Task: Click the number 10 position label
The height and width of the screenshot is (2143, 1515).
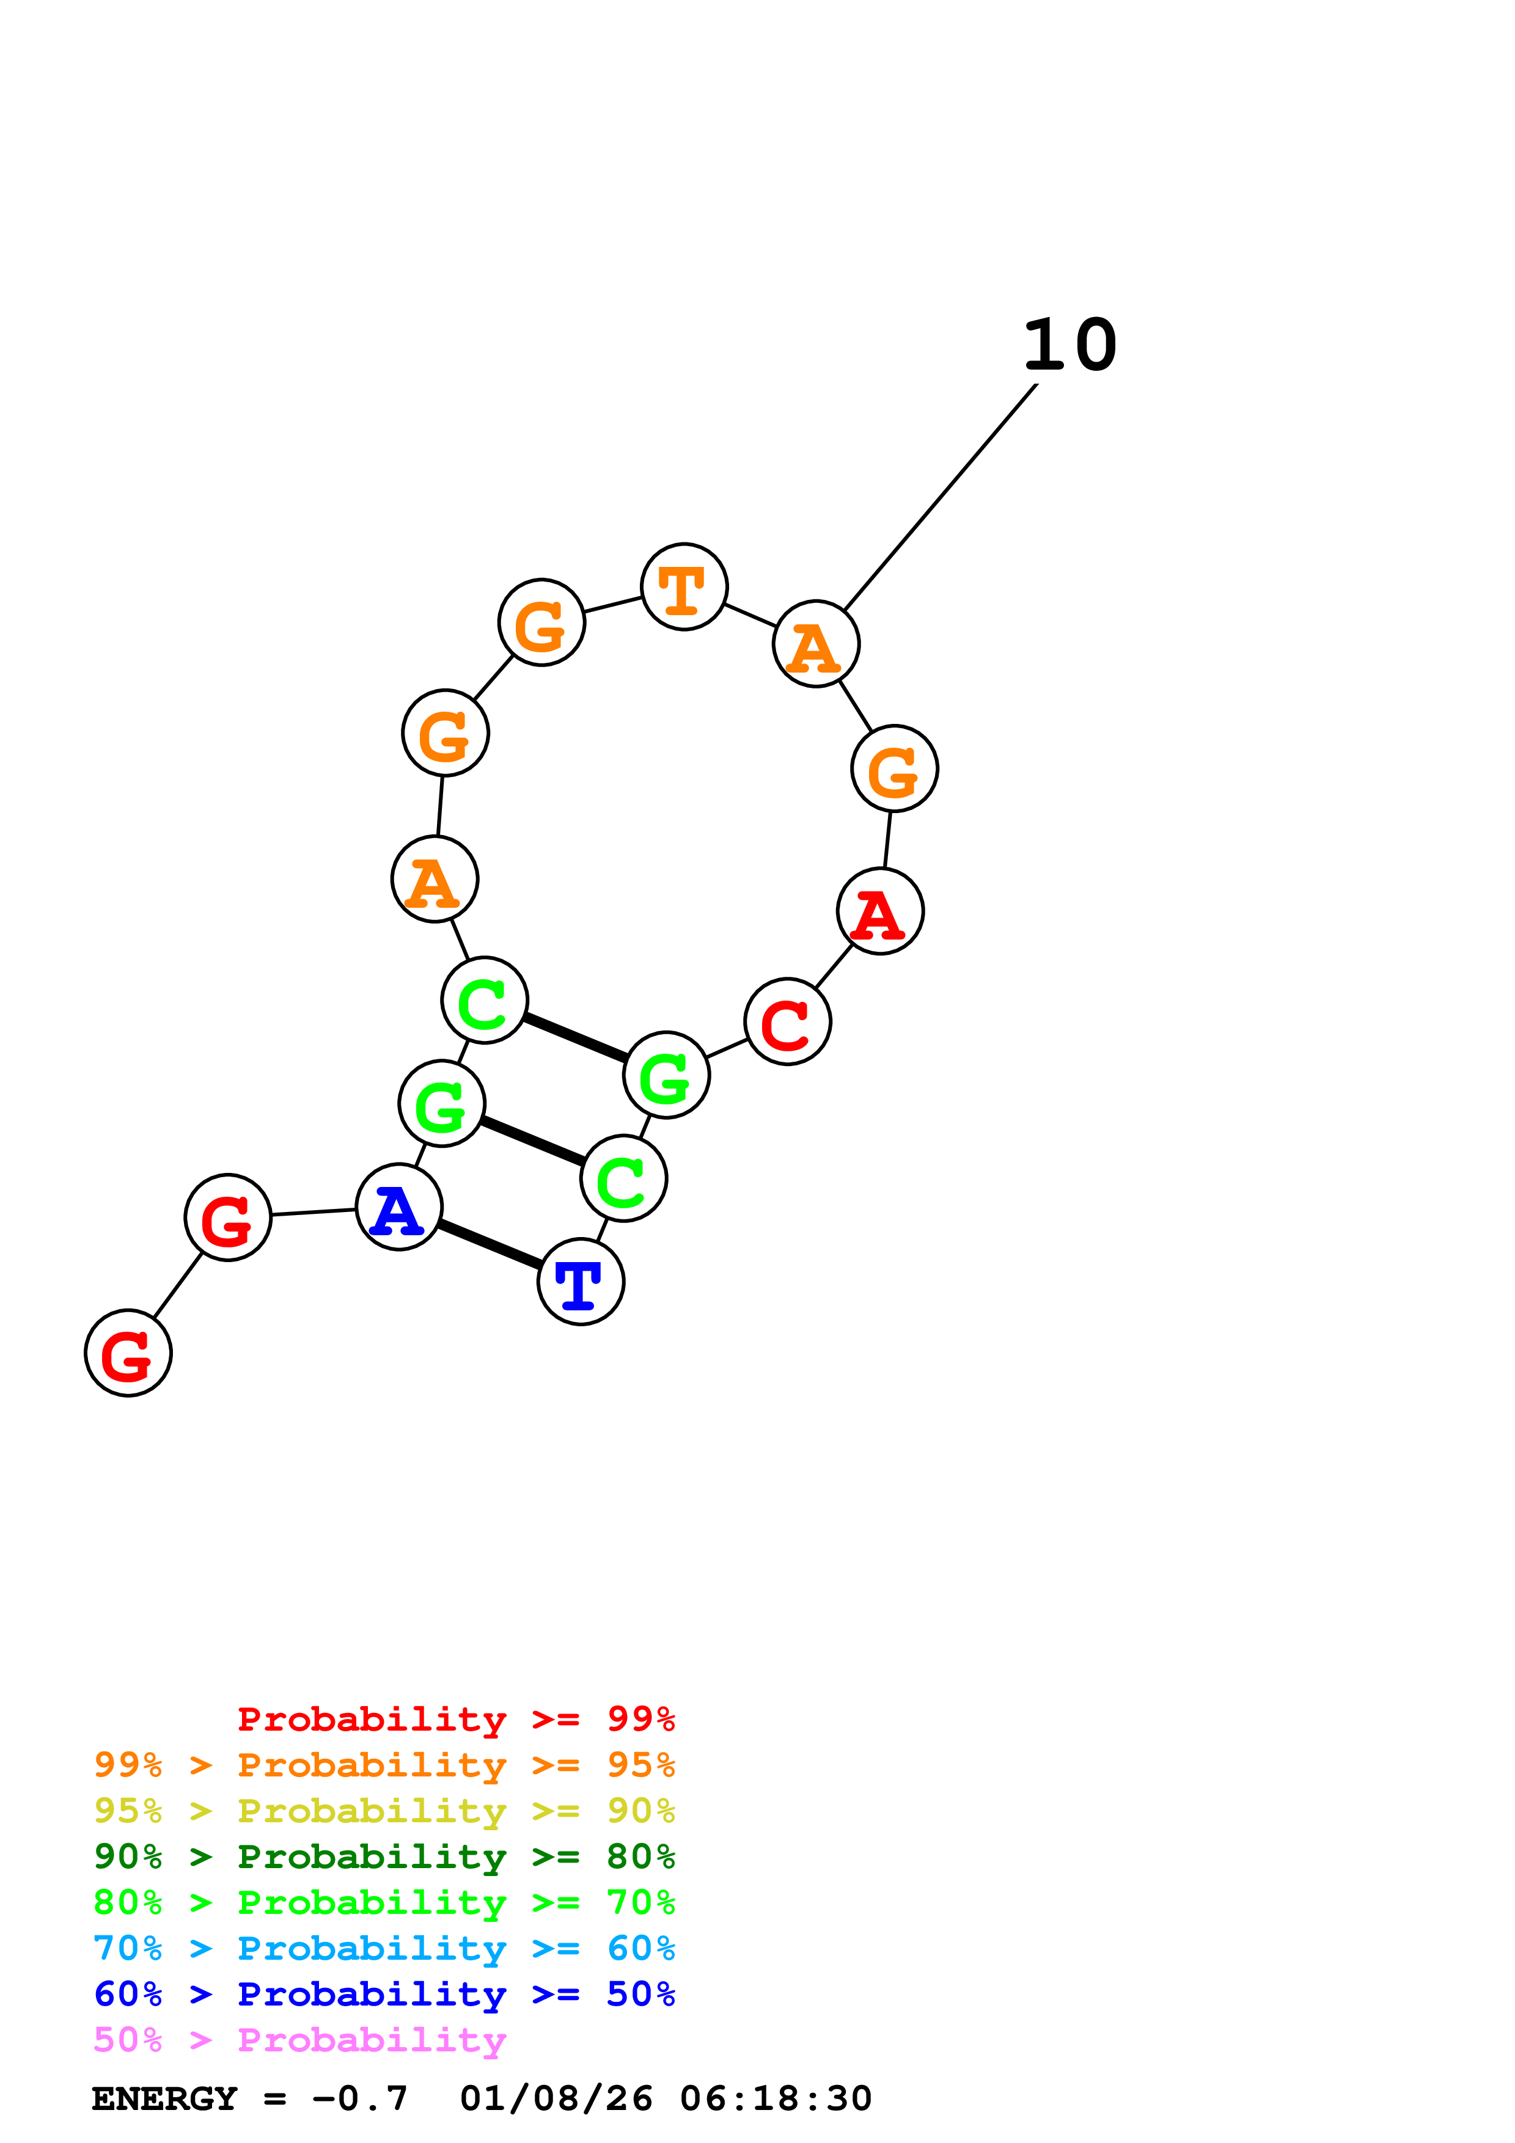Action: (1069, 346)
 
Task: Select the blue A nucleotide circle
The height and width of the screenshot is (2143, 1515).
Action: (398, 1208)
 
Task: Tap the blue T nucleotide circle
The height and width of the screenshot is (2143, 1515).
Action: (581, 1282)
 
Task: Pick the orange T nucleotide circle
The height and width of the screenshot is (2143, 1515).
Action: (684, 587)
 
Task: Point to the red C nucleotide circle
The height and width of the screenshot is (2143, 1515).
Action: (788, 1022)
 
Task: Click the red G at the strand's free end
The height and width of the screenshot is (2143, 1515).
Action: (128, 1353)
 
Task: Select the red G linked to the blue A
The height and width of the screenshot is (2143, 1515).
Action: (228, 1218)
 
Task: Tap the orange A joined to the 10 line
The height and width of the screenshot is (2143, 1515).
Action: (816, 644)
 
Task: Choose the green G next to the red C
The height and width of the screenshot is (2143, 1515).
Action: (667, 1075)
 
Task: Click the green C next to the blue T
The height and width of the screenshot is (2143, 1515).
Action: (623, 1179)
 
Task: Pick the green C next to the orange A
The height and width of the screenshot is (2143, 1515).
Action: (485, 1001)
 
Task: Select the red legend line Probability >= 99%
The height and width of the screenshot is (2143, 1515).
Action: (455, 1719)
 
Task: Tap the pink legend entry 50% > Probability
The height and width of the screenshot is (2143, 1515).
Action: (299, 2040)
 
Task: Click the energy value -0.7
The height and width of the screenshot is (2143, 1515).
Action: (361, 2098)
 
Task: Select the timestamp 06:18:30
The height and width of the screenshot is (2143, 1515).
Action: (776, 2098)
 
